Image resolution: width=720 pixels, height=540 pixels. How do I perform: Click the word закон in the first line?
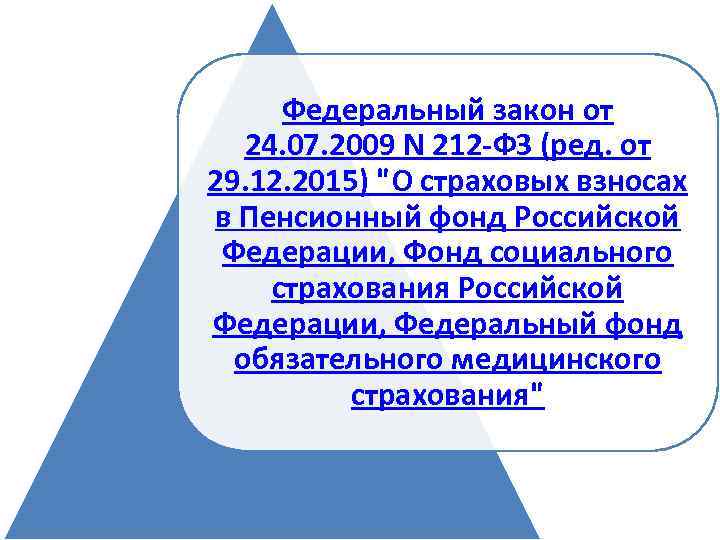[x=512, y=108]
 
